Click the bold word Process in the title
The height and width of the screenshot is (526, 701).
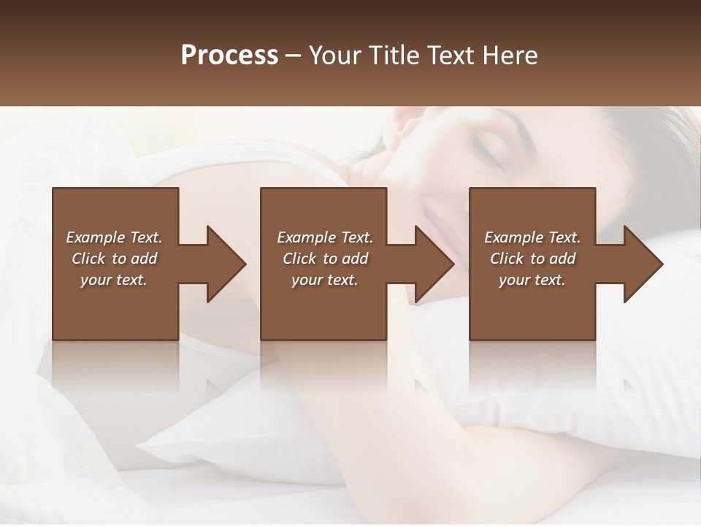[x=229, y=55]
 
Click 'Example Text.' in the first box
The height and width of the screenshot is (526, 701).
[x=114, y=237]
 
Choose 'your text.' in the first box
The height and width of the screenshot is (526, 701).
[x=114, y=280]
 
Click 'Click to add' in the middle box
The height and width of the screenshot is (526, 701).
[x=325, y=259]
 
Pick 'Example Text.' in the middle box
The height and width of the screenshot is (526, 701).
[x=325, y=237]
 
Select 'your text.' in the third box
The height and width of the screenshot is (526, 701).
[x=532, y=280]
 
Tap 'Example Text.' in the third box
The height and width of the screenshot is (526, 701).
[x=532, y=237]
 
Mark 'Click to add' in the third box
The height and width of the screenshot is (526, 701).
[x=532, y=259]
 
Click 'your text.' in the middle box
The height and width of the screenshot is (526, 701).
[x=325, y=280]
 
